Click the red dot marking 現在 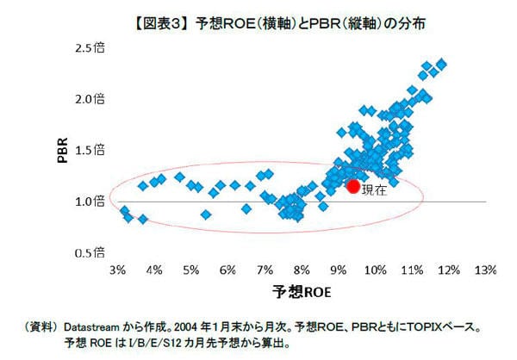(352, 185)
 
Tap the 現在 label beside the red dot (374, 189)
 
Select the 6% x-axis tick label (227, 270)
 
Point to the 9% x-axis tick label (338, 270)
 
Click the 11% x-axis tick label (411, 270)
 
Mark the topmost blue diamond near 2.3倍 (441, 63)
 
